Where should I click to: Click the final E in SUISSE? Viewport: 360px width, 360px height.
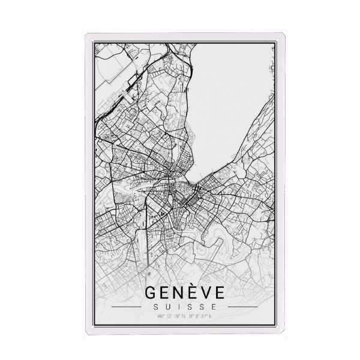(x=211, y=307)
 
